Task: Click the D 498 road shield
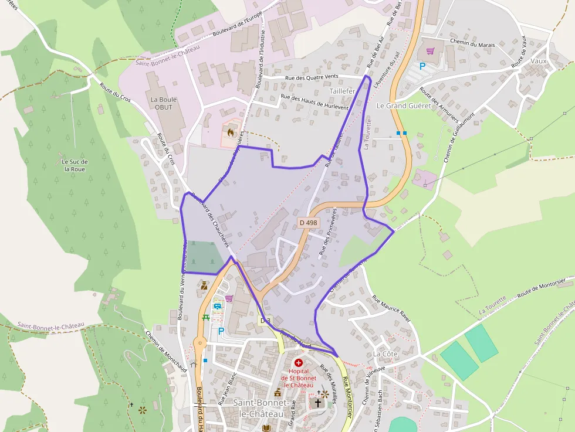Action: (308, 223)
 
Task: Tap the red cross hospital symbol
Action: (299, 363)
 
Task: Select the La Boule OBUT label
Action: (163, 103)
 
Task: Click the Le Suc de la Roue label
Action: (75, 165)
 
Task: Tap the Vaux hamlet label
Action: (538, 61)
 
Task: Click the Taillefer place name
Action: (343, 92)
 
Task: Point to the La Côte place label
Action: (385, 354)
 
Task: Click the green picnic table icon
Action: (206, 318)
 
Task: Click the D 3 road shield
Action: (266, 321)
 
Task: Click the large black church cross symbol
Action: (318, 403)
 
